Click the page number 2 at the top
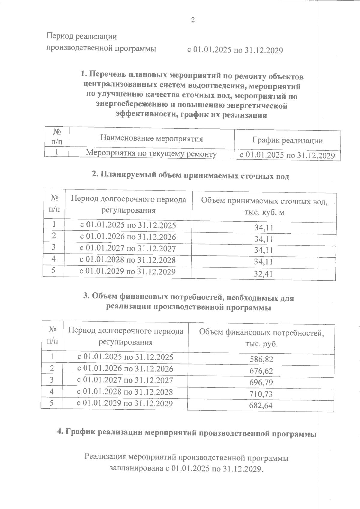click(x=193, y=20)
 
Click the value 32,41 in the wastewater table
click(x=264, y=274)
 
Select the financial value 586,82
click(x=261, y=359)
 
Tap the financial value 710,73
click(x=261, y=394)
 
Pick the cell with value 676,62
click(x=261, y=371)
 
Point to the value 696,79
click(x=261, y=383)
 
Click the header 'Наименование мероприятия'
click(x=151, y=139)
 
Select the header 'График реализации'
click(x=287, y=140)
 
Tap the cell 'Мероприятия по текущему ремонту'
click(x=151, y=154)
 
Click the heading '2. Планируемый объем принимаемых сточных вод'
click(x=190, y=175)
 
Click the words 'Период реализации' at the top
click(x=81, y=37)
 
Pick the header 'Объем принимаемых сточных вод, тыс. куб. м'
click(x=264, y=206)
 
